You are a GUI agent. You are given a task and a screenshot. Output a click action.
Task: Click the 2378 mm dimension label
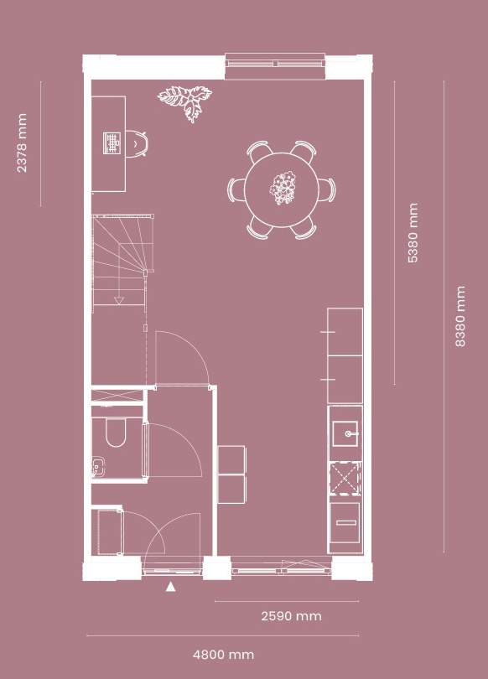(x=22, y=143)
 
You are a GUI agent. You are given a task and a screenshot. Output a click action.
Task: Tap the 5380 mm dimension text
(x=413, y=232)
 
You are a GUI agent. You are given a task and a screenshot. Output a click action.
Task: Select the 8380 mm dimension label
(x=460, y=316)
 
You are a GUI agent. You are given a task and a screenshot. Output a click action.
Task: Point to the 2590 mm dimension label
(x=292, y=616)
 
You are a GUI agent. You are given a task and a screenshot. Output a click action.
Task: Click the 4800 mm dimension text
(x=223, y=655)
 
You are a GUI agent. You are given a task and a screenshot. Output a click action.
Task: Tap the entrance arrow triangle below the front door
(x=170, y=587)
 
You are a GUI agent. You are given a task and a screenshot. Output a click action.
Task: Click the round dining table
(x=282, y=189)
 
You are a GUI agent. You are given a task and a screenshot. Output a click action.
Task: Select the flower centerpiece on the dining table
(x=283, y=188)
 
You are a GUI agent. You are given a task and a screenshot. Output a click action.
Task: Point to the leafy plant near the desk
(x=185, y=102)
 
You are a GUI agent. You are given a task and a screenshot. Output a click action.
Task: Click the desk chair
(x=137, y=143)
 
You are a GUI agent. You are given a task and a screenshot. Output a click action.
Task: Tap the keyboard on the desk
(x=112, y=143)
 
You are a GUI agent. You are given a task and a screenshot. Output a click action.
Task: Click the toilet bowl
(x=116, y=432)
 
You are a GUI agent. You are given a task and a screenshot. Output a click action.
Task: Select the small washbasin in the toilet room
(x=97, y=466)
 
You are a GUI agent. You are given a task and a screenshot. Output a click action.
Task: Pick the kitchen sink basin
(x=345, y=433)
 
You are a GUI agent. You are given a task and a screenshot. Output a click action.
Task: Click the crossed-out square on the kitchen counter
(x=345, y=479)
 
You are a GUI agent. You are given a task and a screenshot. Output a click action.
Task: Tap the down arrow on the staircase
(x=118, y=300)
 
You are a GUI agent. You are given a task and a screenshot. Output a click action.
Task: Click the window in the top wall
(x=275, y=63)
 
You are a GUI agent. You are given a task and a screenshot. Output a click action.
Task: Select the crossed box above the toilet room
(x=117, y=396)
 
